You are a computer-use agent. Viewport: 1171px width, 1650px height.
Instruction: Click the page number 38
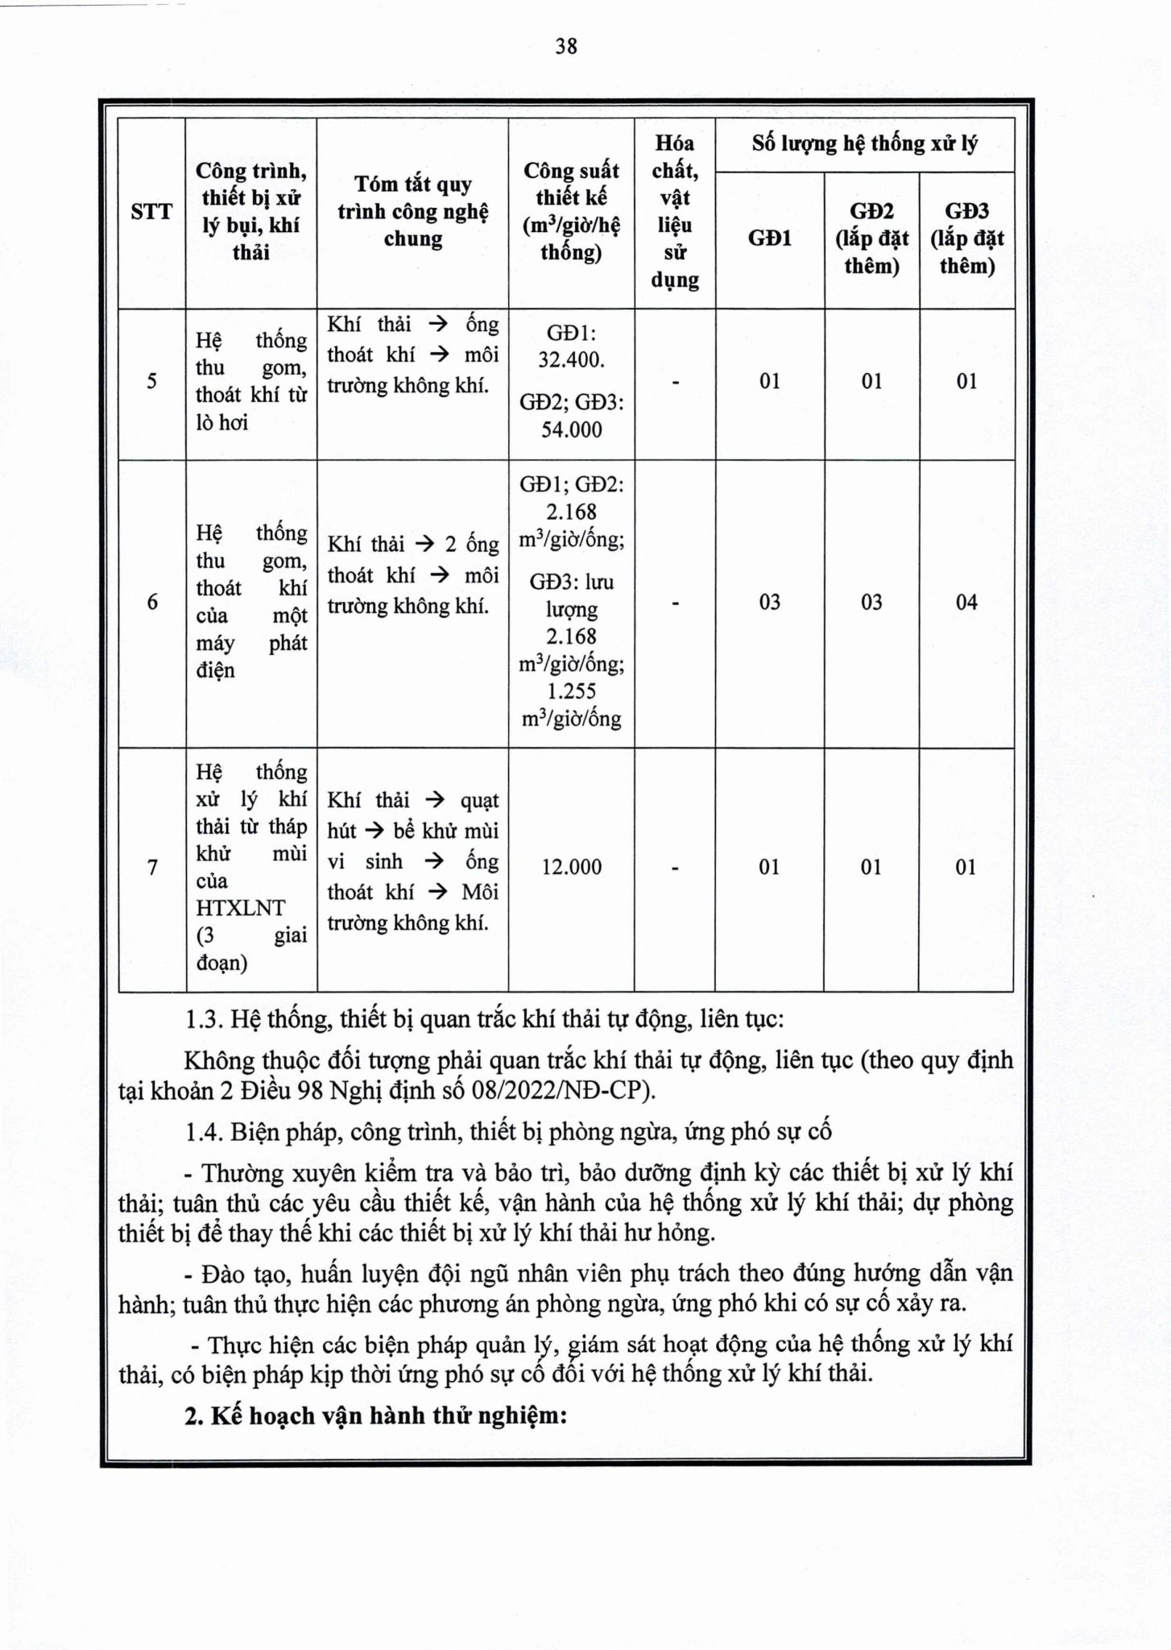tap(566, 47)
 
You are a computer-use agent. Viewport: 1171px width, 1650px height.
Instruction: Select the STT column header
tap(151, 212)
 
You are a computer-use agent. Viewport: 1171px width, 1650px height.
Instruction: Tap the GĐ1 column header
tap(770, 238)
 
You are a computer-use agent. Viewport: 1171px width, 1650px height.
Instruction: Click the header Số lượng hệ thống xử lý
tap(864, 144)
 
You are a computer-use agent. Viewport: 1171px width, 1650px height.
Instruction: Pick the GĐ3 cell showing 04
tap(966, 602)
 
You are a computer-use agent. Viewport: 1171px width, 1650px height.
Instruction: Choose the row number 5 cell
tap(152, 381)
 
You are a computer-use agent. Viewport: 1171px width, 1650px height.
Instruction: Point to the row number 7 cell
tap(152, 868)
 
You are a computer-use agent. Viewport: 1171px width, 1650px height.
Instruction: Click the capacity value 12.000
tap(571, 868)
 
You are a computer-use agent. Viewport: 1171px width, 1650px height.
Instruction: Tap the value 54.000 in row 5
tap(571, 429)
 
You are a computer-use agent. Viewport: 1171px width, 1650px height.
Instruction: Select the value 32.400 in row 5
tap(571, 359)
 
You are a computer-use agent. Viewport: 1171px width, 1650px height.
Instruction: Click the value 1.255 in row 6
tap(571, 691)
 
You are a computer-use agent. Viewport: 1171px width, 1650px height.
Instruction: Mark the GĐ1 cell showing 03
tap(770, 602)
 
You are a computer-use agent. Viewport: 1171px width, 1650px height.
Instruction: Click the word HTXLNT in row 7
tap(240, 908)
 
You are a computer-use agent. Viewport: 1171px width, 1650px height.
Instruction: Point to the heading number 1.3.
tap(204, 1020)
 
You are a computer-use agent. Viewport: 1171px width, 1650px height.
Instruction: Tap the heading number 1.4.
tap(204, 1132)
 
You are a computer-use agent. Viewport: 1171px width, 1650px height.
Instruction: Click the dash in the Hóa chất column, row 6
tap(675, 602)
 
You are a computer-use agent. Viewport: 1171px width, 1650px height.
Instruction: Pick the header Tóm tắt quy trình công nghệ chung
tap(412, 212)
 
